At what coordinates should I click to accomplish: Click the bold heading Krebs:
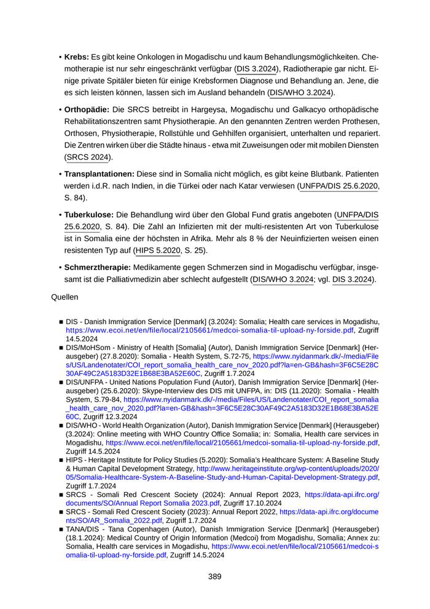77,57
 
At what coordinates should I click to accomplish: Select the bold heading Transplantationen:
100,174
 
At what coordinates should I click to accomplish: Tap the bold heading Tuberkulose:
89,215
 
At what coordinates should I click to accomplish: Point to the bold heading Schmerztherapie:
98,268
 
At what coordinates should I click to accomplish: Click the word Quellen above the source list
64,297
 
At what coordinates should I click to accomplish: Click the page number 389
214,576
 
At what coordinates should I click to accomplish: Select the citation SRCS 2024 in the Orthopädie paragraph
88,157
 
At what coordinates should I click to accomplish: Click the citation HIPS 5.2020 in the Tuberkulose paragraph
158,250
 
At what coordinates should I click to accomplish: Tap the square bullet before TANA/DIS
61,528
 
